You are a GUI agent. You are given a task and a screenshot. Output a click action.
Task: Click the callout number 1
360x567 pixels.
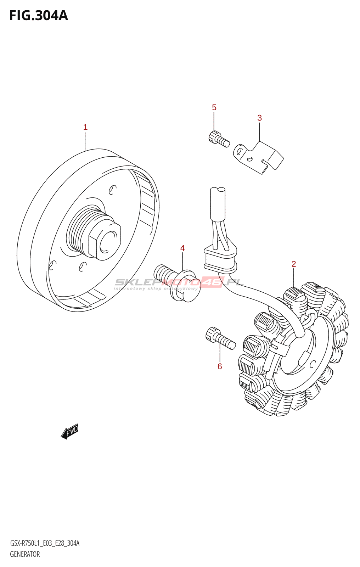[85, 127]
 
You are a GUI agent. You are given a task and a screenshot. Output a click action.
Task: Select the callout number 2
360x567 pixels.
[294, 264]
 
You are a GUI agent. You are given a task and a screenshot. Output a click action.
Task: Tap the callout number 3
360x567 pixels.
[259, 118]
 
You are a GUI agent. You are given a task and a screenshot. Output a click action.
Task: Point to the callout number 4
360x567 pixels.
[182, 248]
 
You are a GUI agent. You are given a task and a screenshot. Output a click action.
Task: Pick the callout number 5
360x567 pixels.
[214, 107]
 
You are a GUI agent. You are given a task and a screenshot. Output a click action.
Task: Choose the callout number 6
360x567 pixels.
[220, 366]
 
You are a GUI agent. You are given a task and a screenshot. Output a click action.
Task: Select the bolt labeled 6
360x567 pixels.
[220, 338]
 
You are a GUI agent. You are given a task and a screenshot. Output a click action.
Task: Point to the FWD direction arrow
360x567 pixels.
[69, 431]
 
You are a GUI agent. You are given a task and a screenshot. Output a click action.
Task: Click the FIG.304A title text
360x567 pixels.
[38, 16]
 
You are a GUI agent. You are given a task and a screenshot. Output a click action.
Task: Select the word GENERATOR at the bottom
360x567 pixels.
[25, 554]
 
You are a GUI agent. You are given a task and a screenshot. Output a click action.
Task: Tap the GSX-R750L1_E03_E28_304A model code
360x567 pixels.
[45, 543]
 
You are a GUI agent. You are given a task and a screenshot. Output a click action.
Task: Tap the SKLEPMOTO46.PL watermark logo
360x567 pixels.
[179, 283]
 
